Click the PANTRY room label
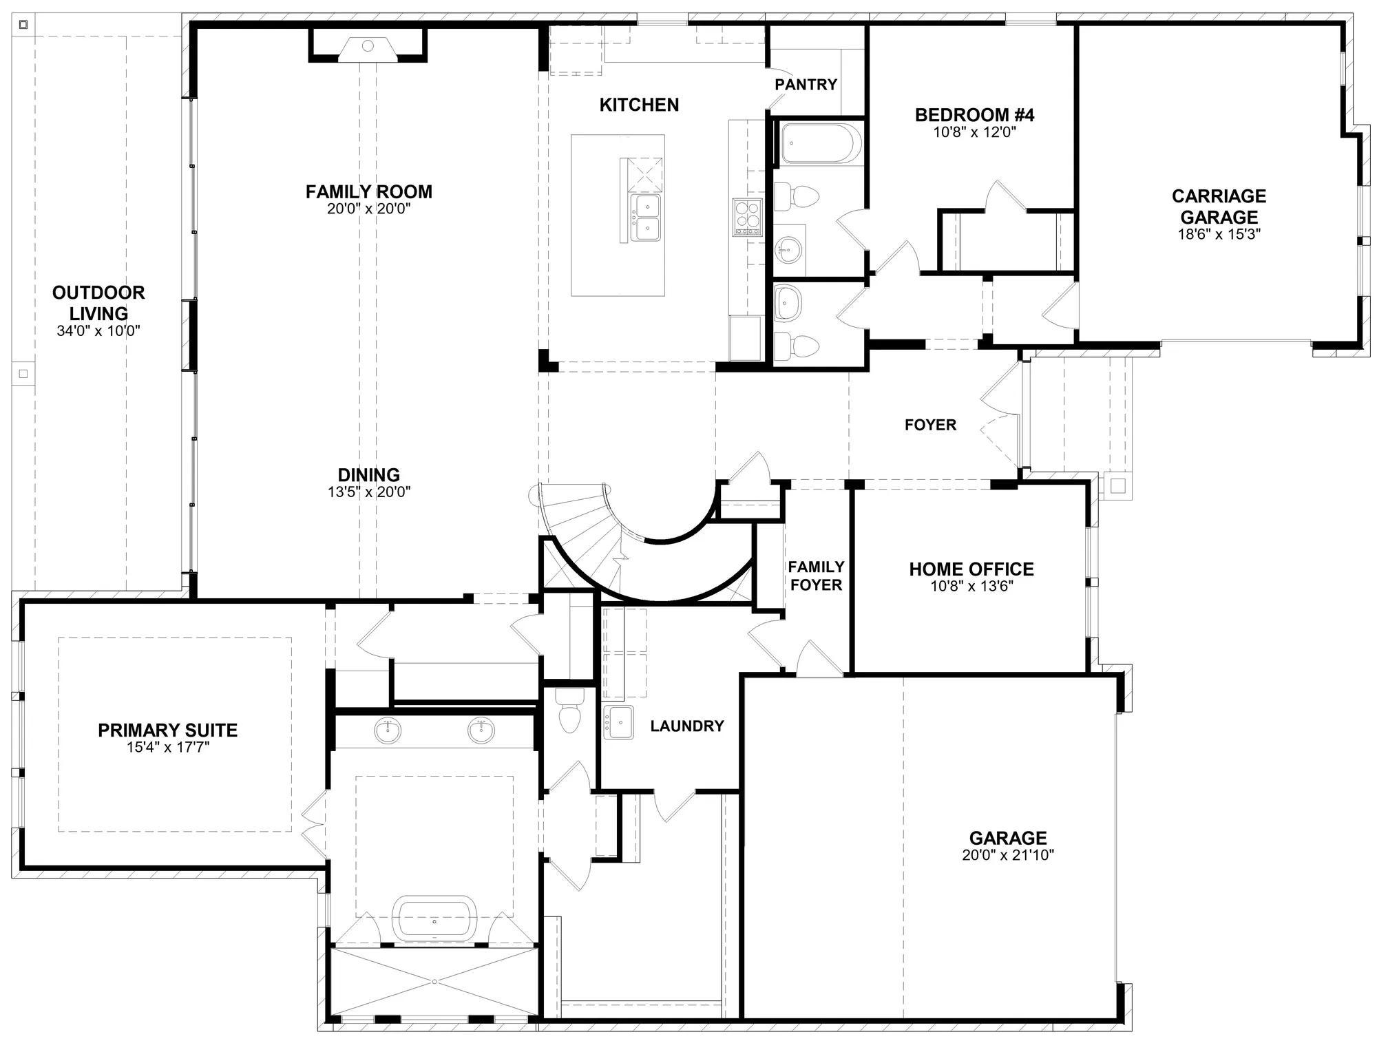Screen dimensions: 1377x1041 click(x=806, y=85)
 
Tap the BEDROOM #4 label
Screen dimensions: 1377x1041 click(x=974, y=115)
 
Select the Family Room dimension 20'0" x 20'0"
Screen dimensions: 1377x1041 click(x=369, y=209)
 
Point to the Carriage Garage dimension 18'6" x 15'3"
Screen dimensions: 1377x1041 click(x=1219, y=234)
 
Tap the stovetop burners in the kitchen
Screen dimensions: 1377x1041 click(x=747, y=217)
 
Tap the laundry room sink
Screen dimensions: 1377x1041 click(x=618, y=722)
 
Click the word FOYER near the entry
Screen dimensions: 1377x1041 click(x=930, y=425)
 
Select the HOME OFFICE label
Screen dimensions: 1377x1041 click(x=971, y=569)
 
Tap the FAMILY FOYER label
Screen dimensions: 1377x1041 click(x=816, y=576)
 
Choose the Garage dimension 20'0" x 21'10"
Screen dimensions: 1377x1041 click(x=1008, y=856)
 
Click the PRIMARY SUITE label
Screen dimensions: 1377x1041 click(x=168, y=730)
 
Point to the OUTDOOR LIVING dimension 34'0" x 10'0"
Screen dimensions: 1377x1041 click(x=98, y=331)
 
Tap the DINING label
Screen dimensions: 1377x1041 click(x=369, y=475)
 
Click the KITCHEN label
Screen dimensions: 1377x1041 click(x=639, y=105)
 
